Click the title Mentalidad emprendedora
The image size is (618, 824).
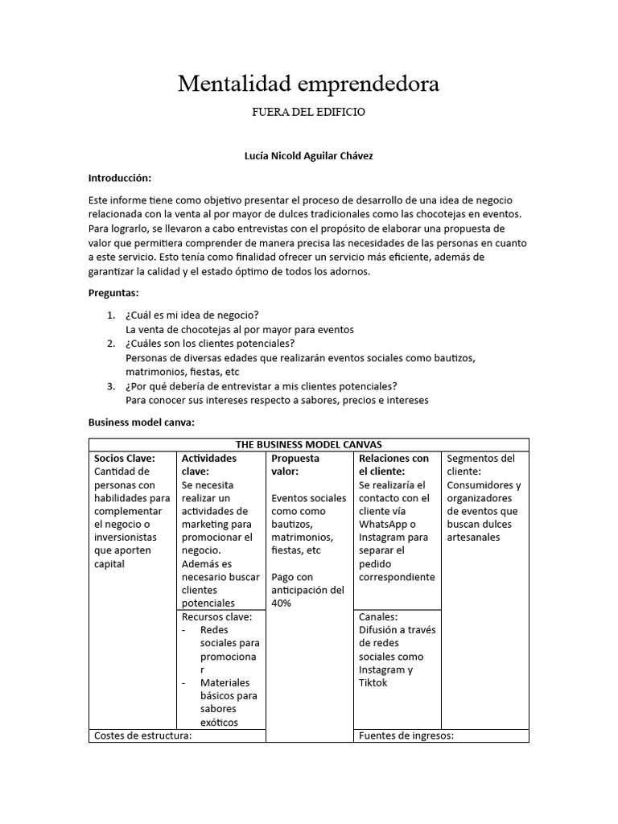point(308,84)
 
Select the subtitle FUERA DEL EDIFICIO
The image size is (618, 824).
point(308,113)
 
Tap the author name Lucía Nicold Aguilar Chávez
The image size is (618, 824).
point(308,156)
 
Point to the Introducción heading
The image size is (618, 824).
point(119,178)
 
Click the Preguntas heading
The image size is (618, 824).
point(113,293)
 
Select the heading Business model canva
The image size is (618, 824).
point(141,422)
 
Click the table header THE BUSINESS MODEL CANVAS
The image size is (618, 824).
point(308,444)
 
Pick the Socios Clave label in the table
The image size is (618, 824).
point(124,458)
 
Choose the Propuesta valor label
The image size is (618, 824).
point(295,464)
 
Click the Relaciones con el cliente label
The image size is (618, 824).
point(393,464)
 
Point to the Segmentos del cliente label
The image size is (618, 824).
point(480,464)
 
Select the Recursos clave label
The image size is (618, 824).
point(216,616)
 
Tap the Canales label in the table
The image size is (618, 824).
point(378,616)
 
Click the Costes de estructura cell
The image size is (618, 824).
point(142,735)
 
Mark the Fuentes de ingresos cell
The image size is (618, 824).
point(406,735)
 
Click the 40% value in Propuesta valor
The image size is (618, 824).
point(282,603)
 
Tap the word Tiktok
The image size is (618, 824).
point(373,682)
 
